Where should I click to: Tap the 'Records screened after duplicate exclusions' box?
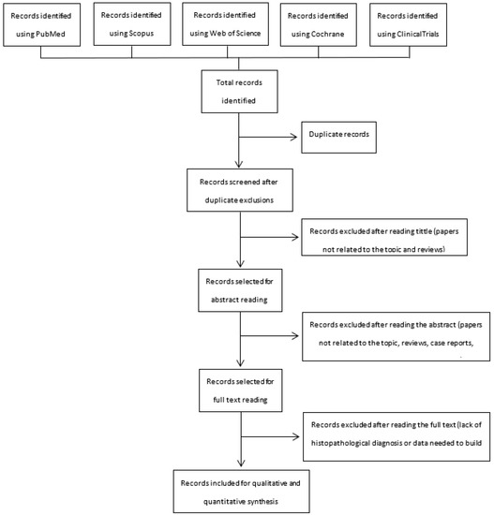coord(241,191)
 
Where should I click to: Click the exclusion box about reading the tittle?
coord(395,240)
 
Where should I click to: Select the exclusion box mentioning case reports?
coord(395,334)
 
